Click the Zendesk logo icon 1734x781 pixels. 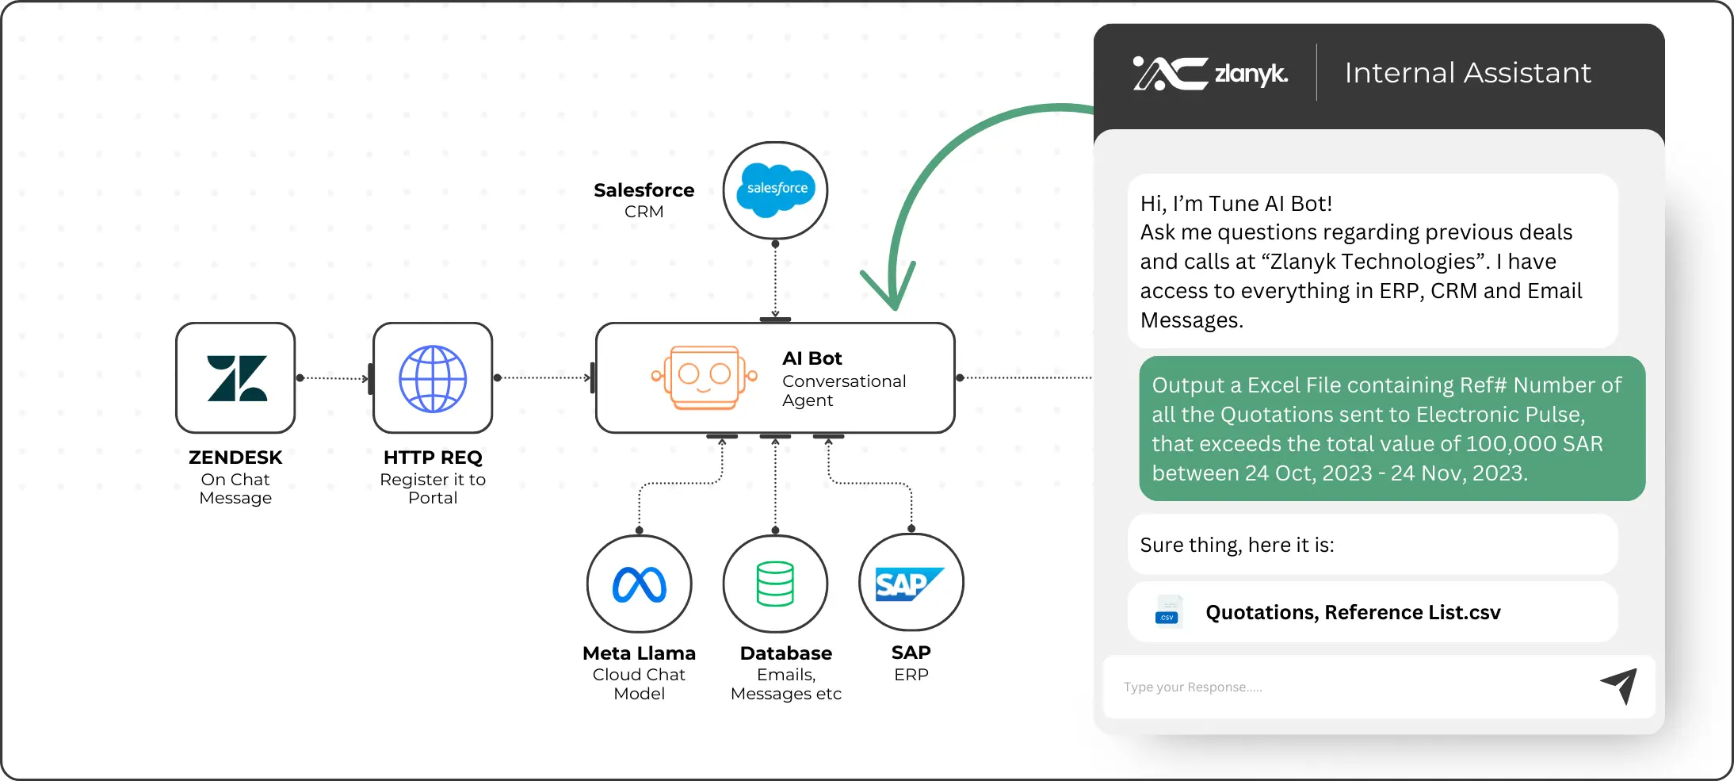pos(236,378)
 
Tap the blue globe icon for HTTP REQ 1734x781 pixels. pos(433,378)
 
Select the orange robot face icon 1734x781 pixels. pos(704,377)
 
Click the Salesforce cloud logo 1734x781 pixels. pos(776,190)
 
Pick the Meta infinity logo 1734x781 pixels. pos(640,584)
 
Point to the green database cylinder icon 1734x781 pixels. pos(775,584)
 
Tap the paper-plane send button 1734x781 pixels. pos(1618,686)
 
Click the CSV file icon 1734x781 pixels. pos(1167,612)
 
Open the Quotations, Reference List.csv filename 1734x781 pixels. pos(1353,612)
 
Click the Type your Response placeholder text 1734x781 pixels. pos(1192,687)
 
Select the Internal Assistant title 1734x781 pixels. pos(1467,73)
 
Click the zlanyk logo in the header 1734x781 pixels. pos(1210,74)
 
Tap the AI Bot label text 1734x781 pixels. pos(812,358)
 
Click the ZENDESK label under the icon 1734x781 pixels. pos(235,457)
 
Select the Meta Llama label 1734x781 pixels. pos(639,653)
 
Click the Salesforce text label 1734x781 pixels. pos(644,190)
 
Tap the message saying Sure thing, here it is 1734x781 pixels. pos(1236,545)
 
